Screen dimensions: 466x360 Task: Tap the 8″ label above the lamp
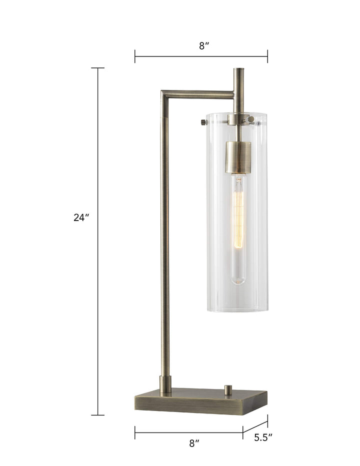click(x=203, y=46)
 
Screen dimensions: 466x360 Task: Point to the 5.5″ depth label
click(x=263, y=438)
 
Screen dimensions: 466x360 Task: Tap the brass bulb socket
click(x=238, y=157)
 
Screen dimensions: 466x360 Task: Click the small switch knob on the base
click(x=228, y=389)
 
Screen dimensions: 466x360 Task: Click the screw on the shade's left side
click(x=201, y=121)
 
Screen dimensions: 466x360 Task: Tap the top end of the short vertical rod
click(x=238, y=70)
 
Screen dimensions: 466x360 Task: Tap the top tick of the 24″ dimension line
click(x=98, y=68)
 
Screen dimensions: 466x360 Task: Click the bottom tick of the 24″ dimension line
click(x=98, y=415)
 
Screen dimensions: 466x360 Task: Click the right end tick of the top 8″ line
click(x=267, y=56)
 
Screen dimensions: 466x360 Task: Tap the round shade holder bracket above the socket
click(x=238, y=119)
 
